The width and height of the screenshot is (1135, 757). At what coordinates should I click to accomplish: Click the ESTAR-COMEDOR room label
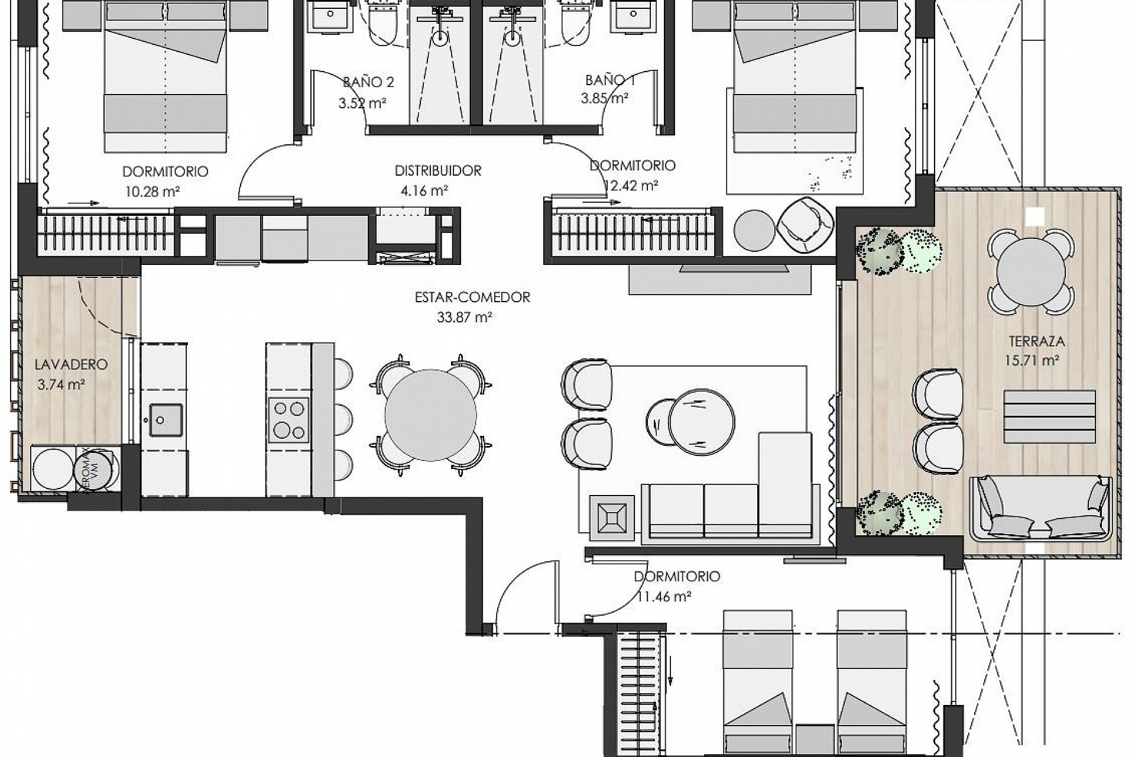point(472,297)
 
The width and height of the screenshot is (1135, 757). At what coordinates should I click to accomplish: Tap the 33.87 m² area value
point(465,317)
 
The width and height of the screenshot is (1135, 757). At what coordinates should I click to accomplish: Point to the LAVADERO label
point(71,364)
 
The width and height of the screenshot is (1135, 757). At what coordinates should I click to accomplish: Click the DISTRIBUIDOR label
point(438,171)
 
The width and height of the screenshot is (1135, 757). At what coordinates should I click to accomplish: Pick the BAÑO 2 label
point(368,82)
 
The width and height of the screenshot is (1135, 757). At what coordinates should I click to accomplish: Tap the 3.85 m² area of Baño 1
point(604,99)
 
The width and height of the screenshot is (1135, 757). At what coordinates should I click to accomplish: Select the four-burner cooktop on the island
point(288,419)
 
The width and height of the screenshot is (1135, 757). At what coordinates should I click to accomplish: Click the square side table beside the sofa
point(611,517)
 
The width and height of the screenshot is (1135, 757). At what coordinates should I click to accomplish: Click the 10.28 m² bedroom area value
point(153,191)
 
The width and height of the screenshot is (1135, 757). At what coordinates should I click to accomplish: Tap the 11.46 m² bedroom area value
point(664,596)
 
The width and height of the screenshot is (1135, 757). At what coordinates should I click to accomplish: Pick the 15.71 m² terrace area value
point(1031,360)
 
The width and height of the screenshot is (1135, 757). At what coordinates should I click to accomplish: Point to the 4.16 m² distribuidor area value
point(424,190)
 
